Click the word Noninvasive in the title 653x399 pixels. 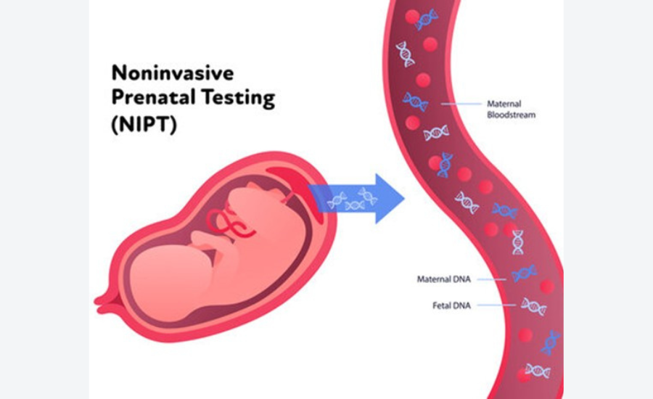pos(173,73)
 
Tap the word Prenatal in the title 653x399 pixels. pos(149,97)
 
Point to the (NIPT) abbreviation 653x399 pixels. pos(144,123)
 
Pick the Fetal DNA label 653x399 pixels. pos(451,305)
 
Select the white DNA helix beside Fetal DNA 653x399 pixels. pos(533,306)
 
